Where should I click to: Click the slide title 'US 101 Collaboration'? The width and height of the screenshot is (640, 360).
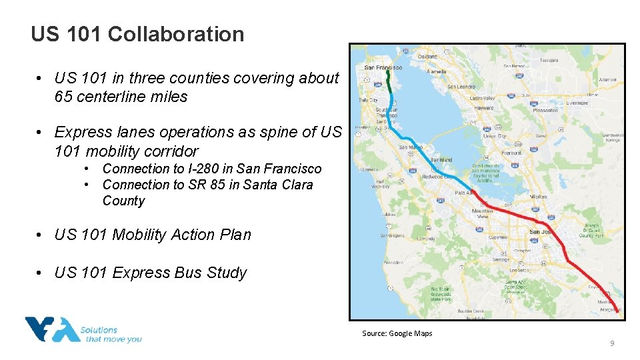(x=137, y=34)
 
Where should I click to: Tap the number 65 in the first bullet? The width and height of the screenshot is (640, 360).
(x=63, y=97)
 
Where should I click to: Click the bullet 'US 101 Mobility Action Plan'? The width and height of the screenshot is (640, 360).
(x=153, y=235)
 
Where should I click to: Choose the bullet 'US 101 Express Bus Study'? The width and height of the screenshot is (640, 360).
(x=151, y=273)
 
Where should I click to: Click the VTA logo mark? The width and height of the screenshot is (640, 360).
(x=50, y=329)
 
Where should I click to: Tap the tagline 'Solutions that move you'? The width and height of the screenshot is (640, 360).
(x=110, y=334)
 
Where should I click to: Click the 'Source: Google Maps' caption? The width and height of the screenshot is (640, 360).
(x=397, y=333)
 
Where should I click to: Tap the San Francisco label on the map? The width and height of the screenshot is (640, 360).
(x=383, y=67)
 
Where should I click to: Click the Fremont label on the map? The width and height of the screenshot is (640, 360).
(x=512, y=153)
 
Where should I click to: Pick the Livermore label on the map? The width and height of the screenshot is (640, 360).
(x=577, y=103)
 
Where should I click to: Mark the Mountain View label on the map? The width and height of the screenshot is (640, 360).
(x=482, y=213)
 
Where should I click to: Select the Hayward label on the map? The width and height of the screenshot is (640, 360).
(x=483, y=107)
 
